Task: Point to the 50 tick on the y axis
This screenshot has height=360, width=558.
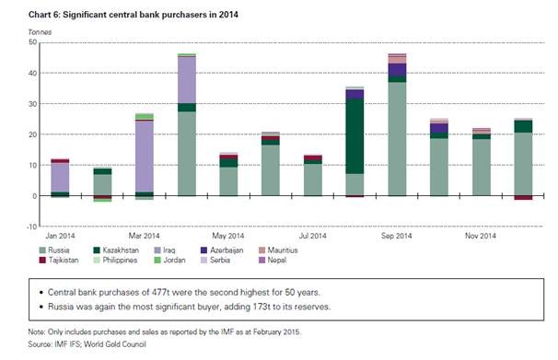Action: (32, 42)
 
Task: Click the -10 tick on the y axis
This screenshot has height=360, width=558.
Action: (30, 226)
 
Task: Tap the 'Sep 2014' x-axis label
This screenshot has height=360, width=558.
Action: (397, 236)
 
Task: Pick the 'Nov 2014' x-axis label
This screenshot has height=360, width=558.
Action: (482, 236)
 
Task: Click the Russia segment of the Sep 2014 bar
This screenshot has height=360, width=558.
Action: (397, 138)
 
